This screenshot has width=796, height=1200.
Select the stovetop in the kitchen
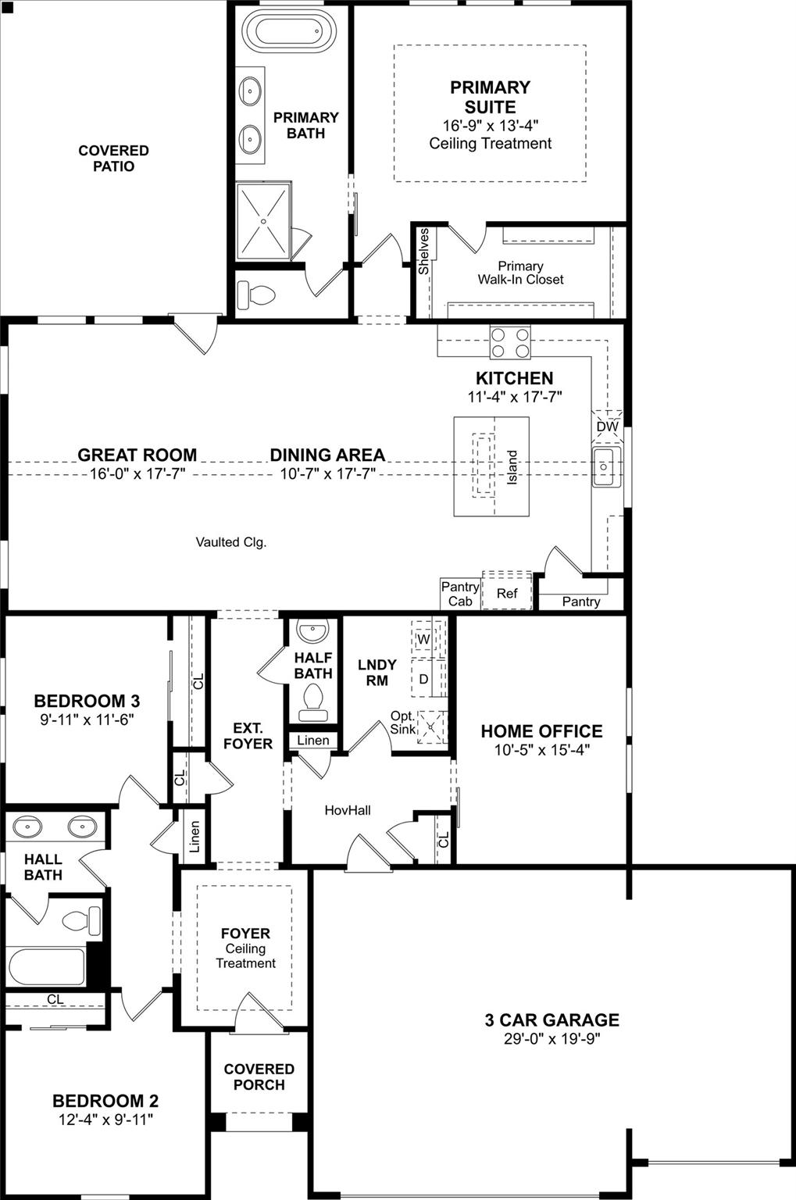(x=510, y=341)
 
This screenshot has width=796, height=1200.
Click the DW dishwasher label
(x=607, y=427)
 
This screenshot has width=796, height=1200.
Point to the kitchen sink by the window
(x=605, y=466)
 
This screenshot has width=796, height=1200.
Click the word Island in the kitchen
(x=512, y=467)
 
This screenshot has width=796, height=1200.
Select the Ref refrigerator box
(x=507, y=593)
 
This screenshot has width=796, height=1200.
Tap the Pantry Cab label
(x=460, y=594)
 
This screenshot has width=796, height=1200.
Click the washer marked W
(x=423, y=639)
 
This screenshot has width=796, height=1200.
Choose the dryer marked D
(x=423, y=679)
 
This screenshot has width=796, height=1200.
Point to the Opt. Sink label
(x=403, y=723)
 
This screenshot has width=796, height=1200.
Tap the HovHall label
(x=348, y=810)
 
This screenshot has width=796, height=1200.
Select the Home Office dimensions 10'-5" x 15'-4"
(x=541, y=750)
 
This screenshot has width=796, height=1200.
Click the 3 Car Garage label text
(x=551, y=1020)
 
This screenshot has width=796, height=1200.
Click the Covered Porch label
(x=259, y=1077)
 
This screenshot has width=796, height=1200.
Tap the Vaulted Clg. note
(x=230, y=541)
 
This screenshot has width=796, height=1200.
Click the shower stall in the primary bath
(x=264, y=221)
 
